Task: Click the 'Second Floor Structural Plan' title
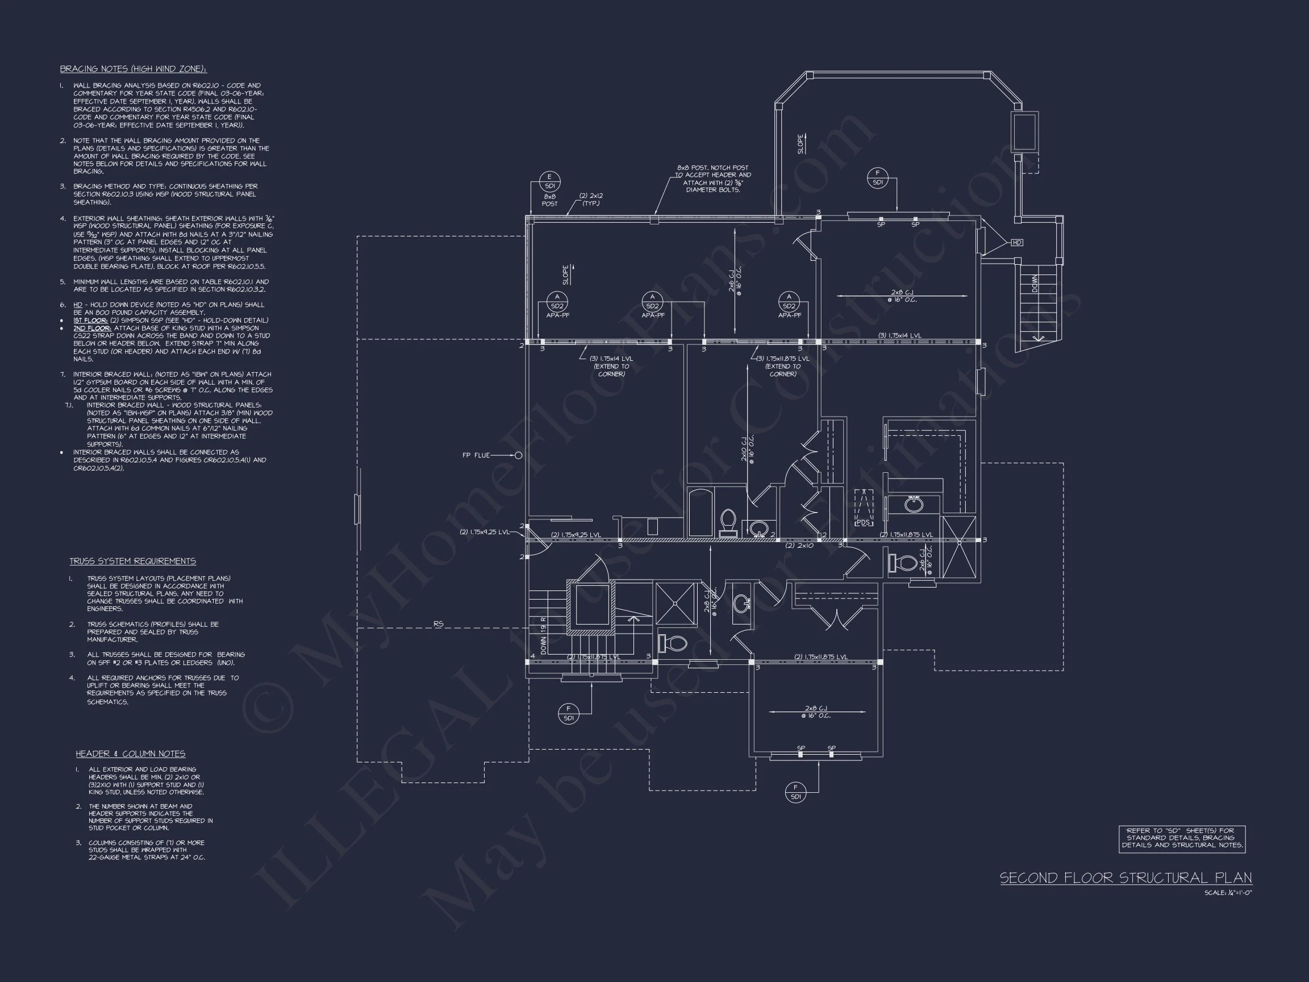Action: (1125, 878)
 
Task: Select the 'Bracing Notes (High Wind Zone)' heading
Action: (133, 69)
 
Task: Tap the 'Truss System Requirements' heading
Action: (132, 561)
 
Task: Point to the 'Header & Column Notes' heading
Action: (130, 754)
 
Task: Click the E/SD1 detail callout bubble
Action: (549, 181)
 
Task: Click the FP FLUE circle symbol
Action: (518, 455)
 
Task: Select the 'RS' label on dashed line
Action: (438, 624)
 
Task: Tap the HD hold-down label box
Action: (1016, 243)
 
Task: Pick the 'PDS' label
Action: (864, 522)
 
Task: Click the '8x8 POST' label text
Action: (549, 200)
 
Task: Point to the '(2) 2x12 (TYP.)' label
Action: (591, 199)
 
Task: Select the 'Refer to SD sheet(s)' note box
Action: (1182, 838)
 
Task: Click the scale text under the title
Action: (1228, 893)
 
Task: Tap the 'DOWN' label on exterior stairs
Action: (1035, 284)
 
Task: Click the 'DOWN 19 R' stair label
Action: (543, 635)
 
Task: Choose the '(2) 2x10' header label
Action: (799, 545)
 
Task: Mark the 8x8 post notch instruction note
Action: (712, 179)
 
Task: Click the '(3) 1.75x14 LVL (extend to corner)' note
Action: (611, 366)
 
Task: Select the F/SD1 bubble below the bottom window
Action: (795, 792)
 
